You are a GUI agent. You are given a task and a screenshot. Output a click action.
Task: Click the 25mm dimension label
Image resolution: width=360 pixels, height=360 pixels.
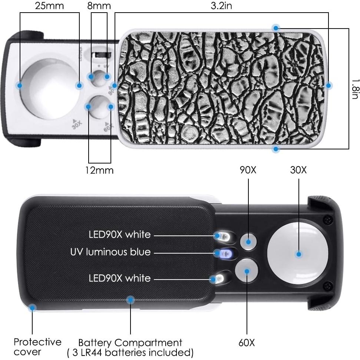[x=49, y=6]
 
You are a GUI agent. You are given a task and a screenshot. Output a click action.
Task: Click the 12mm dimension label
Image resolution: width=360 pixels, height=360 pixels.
[x=100, y=170]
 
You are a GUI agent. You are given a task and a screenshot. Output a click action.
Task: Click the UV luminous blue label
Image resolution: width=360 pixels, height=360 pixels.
[x=110, y=252]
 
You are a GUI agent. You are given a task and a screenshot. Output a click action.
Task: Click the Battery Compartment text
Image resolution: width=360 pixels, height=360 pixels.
[x=130, y=343]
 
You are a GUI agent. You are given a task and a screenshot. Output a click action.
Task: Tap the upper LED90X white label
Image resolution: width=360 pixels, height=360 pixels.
[x=119, y=235]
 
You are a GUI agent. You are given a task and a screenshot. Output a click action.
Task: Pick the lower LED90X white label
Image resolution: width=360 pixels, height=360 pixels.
[x=119, y=278]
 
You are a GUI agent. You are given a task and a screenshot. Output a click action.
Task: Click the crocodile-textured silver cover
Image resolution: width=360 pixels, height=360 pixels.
[x=222, y=87]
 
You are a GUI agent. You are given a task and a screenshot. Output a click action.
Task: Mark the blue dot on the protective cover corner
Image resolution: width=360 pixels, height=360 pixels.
[x=32, y=307]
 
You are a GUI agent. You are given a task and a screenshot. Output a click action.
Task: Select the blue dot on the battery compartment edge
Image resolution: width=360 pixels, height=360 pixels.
[x=130, y=300]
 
